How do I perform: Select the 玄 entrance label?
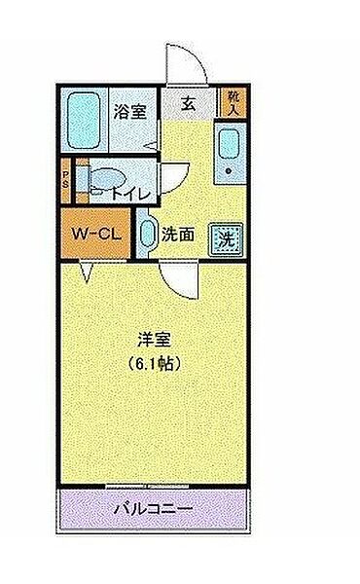pyautogui.click(x=187, y=101)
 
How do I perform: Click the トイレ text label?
pyautogui.click(x=131, y=194)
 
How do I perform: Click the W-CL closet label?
pyautogui.click(x=94, y=235)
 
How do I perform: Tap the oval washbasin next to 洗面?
pyautogui.click(x=147, y=234)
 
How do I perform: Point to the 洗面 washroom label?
pyautogui.click(x=176, y=235)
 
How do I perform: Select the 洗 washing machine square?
pyautogui.click(x=226, y=237)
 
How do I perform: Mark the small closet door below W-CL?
pyautogui.click(x=85, y=274)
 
